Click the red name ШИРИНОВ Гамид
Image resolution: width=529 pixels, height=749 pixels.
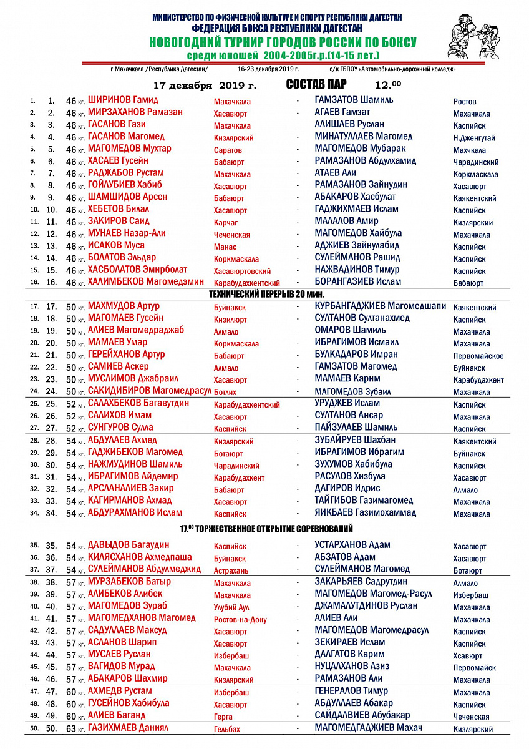[x=123, y=100]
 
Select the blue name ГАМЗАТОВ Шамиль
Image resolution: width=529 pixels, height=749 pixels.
[x=354, y=100]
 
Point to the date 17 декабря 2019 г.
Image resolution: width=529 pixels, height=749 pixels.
[x=205, y=85]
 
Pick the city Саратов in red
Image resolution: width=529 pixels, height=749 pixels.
[x=228, y=150]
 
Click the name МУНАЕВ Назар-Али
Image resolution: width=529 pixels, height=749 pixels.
[x=127, y=233]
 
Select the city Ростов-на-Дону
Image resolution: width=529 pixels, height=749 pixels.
[x=240, y=620]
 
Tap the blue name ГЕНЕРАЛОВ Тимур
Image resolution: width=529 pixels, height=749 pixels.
[x=351, y=691]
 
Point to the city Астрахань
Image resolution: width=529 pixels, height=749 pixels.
[x=231, y=570]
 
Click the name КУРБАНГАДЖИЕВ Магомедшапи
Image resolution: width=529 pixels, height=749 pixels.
[x=381, y=306]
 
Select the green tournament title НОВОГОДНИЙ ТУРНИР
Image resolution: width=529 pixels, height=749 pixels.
[x=283, y=42]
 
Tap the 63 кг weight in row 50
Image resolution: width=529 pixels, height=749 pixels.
[x=75, y=728]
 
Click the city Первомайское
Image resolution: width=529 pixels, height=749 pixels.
[x=478, y=356]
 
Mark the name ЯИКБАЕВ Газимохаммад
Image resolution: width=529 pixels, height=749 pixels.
[x=366, y=513]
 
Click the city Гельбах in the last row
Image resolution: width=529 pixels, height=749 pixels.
[x=226, y=729]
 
